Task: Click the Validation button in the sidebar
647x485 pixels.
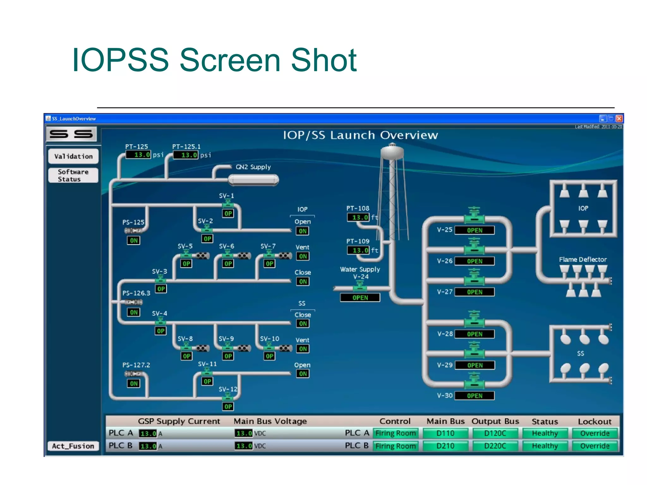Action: pyautogui.click(x=73, y=156)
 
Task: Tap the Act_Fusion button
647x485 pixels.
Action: pyautogui.click(x=73, y=446)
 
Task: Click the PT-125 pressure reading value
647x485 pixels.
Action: pyautogui.click(x=138, y=155)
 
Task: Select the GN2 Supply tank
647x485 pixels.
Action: pyautogui.click(x=253, y=180)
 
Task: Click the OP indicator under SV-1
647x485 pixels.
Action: pyautogui.click(x=228, y=213)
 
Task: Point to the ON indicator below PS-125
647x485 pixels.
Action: pyautogui.click(x=134, y=240)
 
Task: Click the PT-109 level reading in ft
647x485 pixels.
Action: pyautogui.click(x=358, y=250)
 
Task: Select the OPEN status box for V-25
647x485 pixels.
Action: pyautogui.click(x=475, y=230)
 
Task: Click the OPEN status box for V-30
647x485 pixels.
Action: pyautogui.click(x=475, y=396)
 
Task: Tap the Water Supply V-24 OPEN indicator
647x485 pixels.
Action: pyautogui.click(x=360, y=297)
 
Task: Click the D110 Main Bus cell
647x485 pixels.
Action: pyautogui.click(x=445, y=433)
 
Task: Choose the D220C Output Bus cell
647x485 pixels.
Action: pyautogui.click(x=495, y=446)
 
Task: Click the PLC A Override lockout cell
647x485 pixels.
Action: pyautogui.click(x=595, y=433)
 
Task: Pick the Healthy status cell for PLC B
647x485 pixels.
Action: pyautogui.click(x=545, y=446)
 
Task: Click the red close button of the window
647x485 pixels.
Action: pyautogui.click(x=619, y=118)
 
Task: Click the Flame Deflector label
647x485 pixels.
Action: pyautogui.click(x=583, y=260)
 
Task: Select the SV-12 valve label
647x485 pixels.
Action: pyautogui.click(x=228, y=389)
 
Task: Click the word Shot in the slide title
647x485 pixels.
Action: pyautogui.click(x=323, y=60)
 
